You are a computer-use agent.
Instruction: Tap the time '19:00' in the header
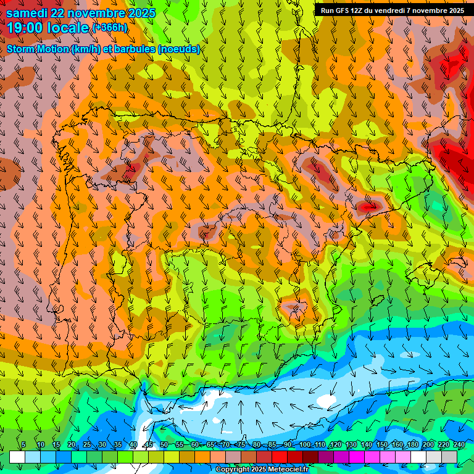pyautogui.click(x=25, y=27)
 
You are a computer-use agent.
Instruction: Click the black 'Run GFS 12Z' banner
pyautogui.click(x=393, y=10)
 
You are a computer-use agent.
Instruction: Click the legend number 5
pyautogui.click(x=23, y=445)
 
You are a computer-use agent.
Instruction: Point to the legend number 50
pyautogui.click(x=164, y=445)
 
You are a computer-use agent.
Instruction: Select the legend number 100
pyautogui.click(x=305, y=445)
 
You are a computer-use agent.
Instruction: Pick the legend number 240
pyautogui.click(x=459, y=445)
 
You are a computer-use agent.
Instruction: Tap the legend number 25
pyautogui.click(x=86, y=445)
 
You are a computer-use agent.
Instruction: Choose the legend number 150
pyautogui.click(x=382, y=445)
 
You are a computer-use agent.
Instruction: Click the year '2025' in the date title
pyautogui.click(x=140, y=13)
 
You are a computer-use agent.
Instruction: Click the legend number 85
pyautogui.click(x=272, y=445)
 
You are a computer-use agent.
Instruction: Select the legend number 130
pyautogui.click(x=351, y=445)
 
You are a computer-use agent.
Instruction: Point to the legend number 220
pyautogui.click(x=443, y=445)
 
